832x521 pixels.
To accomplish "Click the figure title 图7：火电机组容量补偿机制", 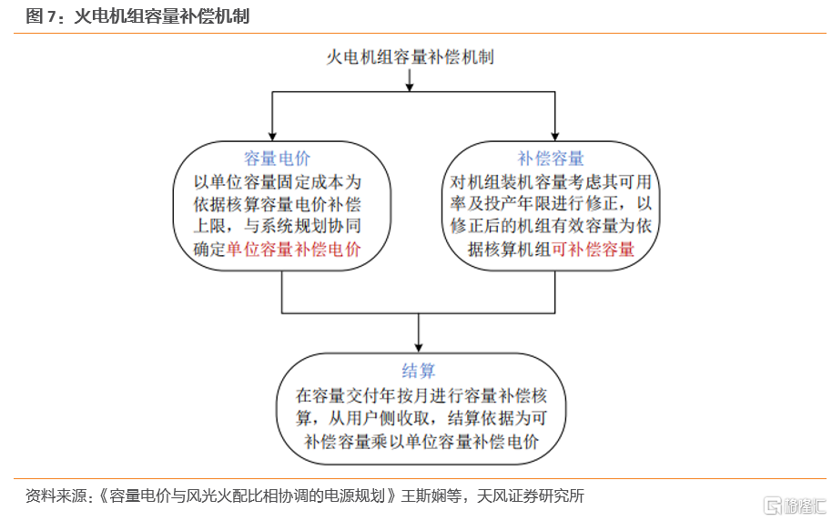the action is point(137,15).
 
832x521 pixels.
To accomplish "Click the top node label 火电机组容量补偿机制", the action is point(410,56).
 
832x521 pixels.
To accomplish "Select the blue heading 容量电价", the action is point(277,158).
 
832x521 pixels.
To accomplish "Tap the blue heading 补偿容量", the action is point(551,158).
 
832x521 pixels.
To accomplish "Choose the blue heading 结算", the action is point(419,370).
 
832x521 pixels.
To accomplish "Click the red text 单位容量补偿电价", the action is point(294,249).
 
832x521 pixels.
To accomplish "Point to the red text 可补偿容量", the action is point(593,249).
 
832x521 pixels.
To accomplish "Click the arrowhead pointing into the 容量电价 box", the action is point(272,137).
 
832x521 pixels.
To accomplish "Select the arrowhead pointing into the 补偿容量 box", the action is point(555,137).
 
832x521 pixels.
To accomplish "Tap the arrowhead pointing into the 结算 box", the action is point(419,348).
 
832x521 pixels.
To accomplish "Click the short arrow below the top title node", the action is point(409,80).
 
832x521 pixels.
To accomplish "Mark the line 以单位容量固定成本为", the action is point(277,182).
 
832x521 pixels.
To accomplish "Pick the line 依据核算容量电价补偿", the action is point(277,204).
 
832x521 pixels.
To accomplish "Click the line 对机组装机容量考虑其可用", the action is point(551,182).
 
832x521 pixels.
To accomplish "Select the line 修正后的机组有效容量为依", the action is point(551,226).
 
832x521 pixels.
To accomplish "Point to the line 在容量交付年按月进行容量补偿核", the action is point(421,395).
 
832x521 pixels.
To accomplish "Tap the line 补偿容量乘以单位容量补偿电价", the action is point(421,441).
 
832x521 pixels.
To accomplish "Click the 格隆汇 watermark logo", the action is point(795,506).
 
